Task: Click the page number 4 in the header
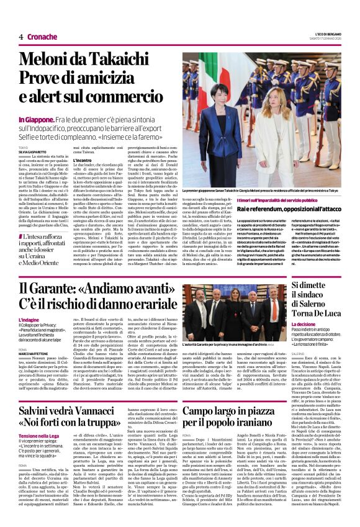(x=20, y=37)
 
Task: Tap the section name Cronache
(x=42, y=37)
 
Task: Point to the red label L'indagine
(x=29, y=319)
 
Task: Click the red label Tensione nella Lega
(x=40, y=436)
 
